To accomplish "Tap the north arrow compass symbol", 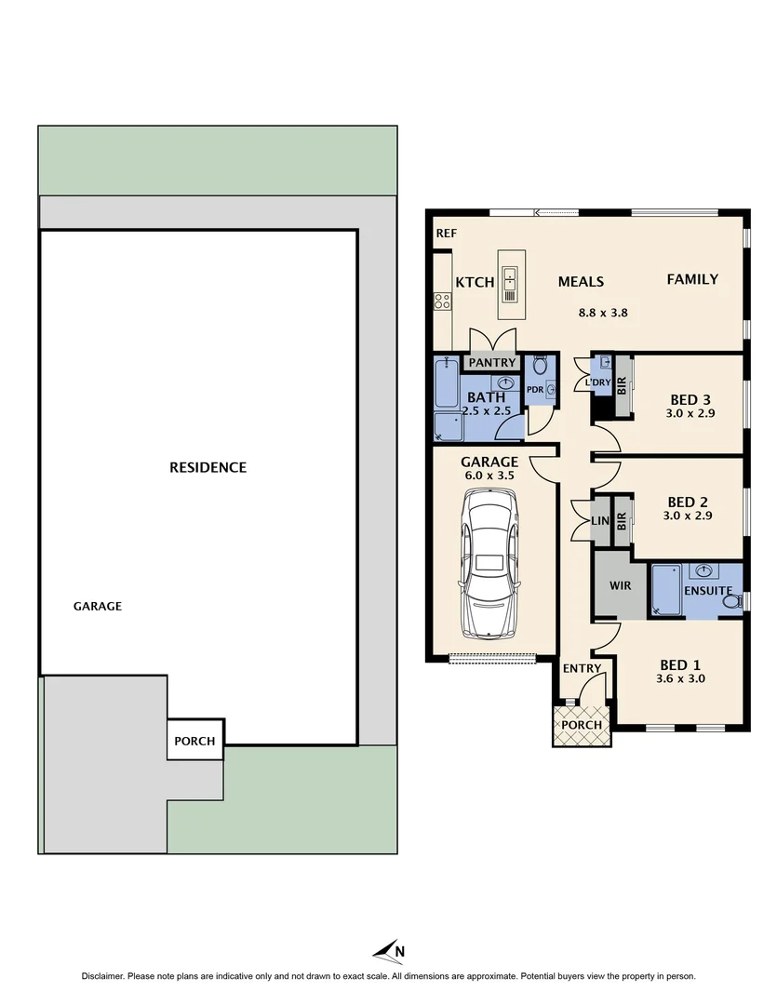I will click(390, 951).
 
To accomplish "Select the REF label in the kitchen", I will click(446, 234).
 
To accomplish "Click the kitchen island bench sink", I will click(510, 277).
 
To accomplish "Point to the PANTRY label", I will click(492, 362).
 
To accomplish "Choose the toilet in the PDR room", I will click(540, 367).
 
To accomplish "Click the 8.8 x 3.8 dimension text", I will click(603, 313).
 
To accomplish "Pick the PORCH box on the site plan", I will click(195, 741).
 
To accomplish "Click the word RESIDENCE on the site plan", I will click(208, 467).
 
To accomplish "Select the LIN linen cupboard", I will click(600, 521).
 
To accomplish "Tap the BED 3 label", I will click(690, 400).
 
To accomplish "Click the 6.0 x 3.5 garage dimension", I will click(489, 476).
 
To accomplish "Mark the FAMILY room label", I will click(692, 279).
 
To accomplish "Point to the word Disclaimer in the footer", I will click(109, 976).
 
